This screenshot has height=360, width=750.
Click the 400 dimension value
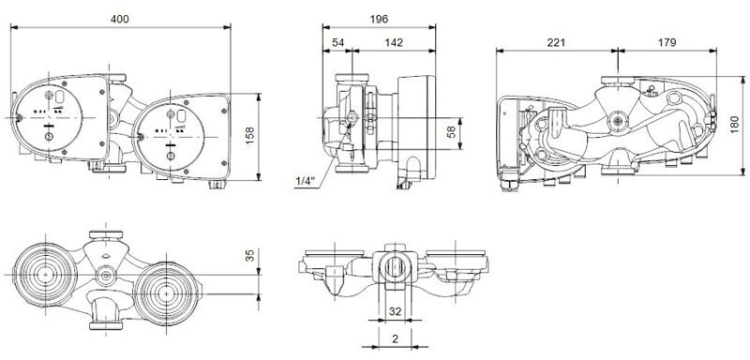coord(119,19)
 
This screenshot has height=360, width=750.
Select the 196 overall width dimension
coord(379,19)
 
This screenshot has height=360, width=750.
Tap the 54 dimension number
coord(337,42)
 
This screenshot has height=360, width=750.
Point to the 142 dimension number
coord(394,42)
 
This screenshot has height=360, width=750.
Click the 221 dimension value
coord(556,42)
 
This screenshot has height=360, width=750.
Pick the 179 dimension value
coord(667,42)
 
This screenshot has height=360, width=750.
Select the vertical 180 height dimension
coord(736,126)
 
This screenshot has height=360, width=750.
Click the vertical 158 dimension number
coord(249,136)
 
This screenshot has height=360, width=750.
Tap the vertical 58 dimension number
coord(451,133)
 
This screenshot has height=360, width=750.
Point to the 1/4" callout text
coord(306,181)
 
